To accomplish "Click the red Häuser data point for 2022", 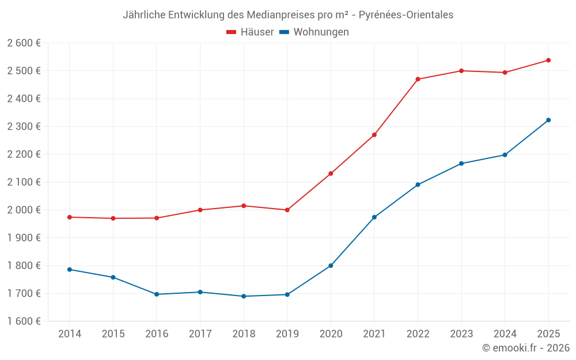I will (x=418, y=79).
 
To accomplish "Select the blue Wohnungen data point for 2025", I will (x=548, y=120).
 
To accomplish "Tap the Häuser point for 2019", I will (x=287, y=210).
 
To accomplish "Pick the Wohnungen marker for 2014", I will (x=69, y=270).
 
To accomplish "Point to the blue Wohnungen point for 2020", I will (x=331, y=266).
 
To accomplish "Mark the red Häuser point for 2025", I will (x=548, y=60).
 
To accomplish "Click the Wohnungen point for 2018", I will (x=244, y=297).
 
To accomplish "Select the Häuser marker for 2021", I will (x=374, y=135).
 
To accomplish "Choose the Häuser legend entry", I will (x=250, y=32).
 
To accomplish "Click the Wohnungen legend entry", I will (x=314, y=32).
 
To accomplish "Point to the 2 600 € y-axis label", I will (x=24, y=43).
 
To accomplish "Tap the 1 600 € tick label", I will (x=24, y=321).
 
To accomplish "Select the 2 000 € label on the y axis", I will (x=24, y=210).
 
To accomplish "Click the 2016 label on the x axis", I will (x=157, y=334).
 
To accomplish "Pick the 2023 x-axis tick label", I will (x=461, y=334).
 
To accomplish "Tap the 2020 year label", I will (x=331, y=334).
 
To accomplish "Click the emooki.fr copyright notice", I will (x=526, y=348).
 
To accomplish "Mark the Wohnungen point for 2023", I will (x=461, y=164).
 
